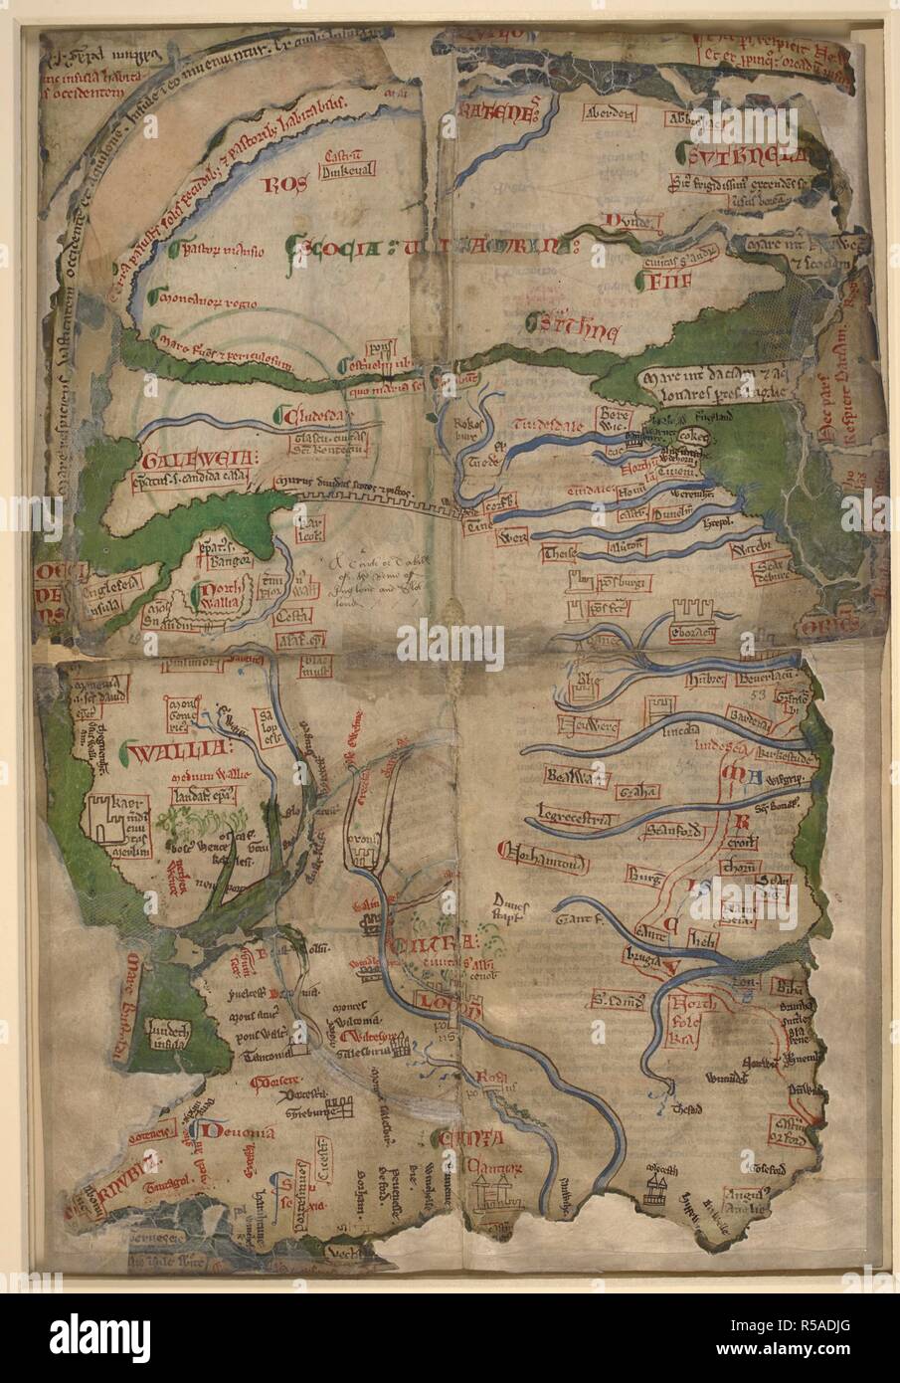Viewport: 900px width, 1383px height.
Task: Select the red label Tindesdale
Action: click(542, 423)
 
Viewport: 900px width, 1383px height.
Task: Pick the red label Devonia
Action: click(229, 1130)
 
